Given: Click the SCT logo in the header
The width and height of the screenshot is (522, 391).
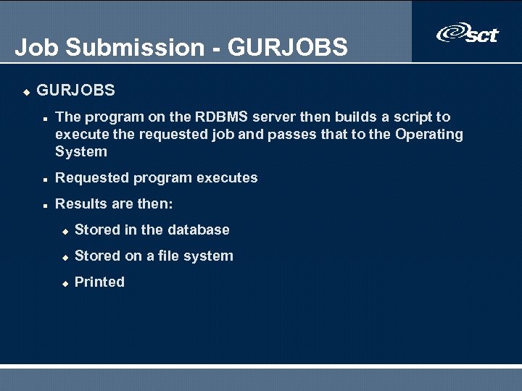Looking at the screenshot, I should pos(468,33).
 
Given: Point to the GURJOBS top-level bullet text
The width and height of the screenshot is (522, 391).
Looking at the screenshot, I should pos(75,91).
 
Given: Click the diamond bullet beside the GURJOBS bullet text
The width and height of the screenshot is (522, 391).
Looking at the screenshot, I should pos(25,92).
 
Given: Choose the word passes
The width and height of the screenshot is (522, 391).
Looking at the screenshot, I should pos(294,134).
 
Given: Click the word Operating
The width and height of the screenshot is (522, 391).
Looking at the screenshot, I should pos(428,134).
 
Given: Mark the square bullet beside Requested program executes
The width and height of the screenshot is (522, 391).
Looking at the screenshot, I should pos(45,179).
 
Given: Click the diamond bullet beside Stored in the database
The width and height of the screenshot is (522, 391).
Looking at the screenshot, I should pos(65,231).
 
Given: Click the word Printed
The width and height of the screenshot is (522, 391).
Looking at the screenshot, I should pos(99,282).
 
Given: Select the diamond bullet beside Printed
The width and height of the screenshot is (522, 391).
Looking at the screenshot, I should pos(65,283).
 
